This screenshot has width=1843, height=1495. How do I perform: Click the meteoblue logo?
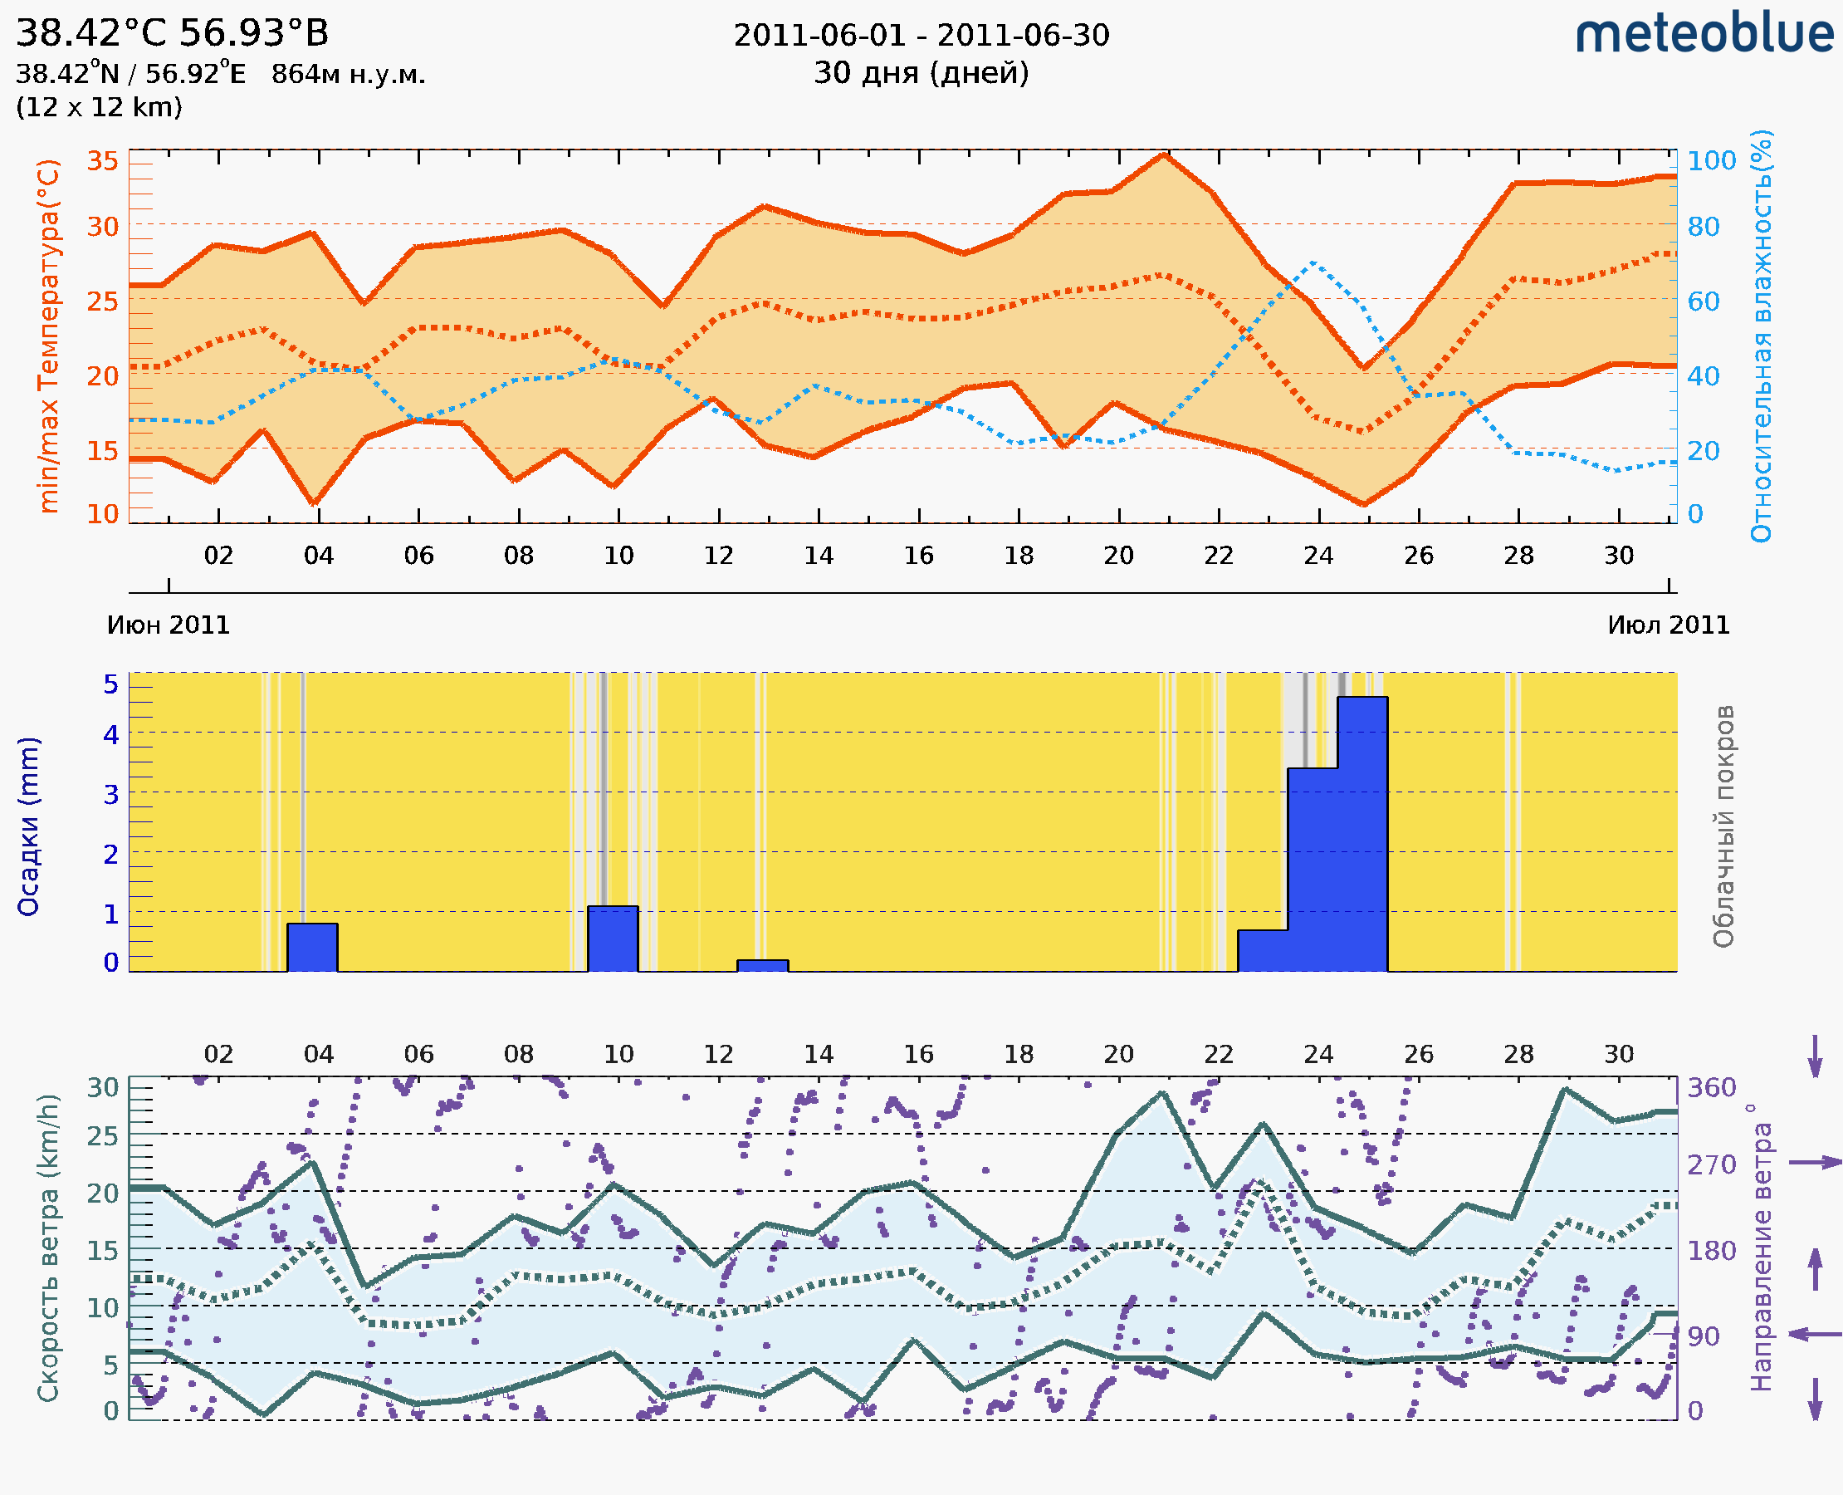[1704, 34]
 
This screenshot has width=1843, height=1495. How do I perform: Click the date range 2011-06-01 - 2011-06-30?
[921, 36]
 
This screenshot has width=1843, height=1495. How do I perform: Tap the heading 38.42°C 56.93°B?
[172, 33]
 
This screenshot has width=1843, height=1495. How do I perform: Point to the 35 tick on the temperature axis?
[102, 161]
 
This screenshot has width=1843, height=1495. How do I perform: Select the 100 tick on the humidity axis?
[1711, 161]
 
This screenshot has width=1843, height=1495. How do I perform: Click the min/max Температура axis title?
[49, 336]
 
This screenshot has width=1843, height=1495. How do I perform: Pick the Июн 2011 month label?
[169, 625]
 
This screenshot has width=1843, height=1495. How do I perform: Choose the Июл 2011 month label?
[1669, 625]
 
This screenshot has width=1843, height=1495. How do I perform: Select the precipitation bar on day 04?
[312, 948]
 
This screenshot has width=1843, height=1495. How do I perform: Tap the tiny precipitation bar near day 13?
[763, 965]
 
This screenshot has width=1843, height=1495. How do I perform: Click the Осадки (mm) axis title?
[28, 826]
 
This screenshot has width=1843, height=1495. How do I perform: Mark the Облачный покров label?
[1723, 826]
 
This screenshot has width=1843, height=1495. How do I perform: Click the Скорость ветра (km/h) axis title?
[49, 1247]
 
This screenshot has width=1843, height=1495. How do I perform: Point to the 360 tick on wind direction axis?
[1711, 1088]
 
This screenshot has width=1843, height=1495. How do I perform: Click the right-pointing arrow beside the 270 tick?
[1815, 1163]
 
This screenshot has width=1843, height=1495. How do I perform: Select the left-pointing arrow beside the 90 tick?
[1815, 1334]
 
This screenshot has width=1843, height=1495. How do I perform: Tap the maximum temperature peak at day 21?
[1164, 156]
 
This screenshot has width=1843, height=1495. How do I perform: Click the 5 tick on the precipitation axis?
[111, 684]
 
